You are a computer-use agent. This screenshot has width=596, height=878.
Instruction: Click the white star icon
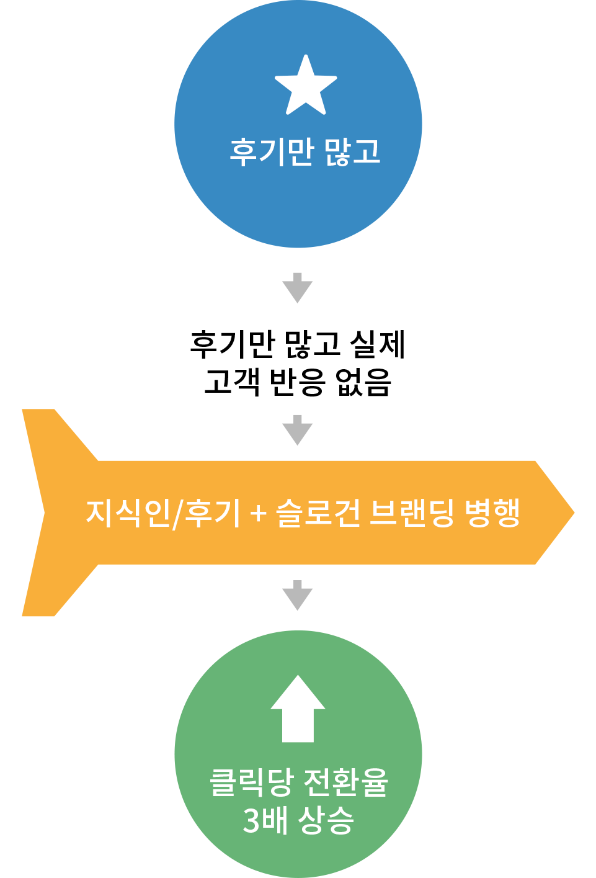coord(306,85)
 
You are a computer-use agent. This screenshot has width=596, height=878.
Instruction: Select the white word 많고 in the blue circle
coord(353,152)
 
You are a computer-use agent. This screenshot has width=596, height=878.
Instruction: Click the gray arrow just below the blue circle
coord(298,288)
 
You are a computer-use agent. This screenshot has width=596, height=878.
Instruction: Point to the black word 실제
coord(377,344)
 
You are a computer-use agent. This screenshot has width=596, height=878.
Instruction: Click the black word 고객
coord(231,382)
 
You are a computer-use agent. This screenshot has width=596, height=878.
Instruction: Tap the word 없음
coord(363,382)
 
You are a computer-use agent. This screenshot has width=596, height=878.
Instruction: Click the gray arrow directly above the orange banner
coord(298,430)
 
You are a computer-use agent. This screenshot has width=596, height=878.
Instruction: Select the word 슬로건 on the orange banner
coord(318,513)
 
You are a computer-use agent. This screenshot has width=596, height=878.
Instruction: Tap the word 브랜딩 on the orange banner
coord(412,513)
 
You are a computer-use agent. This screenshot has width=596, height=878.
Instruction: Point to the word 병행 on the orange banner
coord(492,513)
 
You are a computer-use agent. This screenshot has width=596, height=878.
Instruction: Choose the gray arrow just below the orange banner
coord(298,595)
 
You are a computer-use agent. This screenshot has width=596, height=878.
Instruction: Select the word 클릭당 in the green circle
coord(252,782)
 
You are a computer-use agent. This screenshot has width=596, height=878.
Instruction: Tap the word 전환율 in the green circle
coord(345,782)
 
